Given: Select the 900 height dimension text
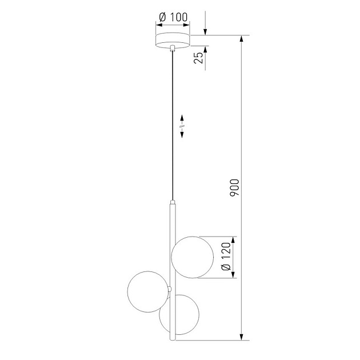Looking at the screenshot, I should click(x=235, y=188).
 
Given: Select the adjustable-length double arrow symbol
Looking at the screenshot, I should click(x=182, y=126).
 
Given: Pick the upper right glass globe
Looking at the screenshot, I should click(x=193, y=257).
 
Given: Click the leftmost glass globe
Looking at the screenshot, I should click(x=148, y=293).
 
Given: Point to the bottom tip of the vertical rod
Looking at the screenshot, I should click(x=173, y=338).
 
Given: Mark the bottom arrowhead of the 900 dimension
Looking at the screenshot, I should click(x=245, y=337).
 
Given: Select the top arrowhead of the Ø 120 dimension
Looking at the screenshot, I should click(x=233, y=239).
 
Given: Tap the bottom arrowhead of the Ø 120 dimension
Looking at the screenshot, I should click(x=233, y=275).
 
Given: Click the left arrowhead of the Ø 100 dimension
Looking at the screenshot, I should click(x=158, y=25).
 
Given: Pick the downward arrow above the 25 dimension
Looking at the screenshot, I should click(x=205, y=31).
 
